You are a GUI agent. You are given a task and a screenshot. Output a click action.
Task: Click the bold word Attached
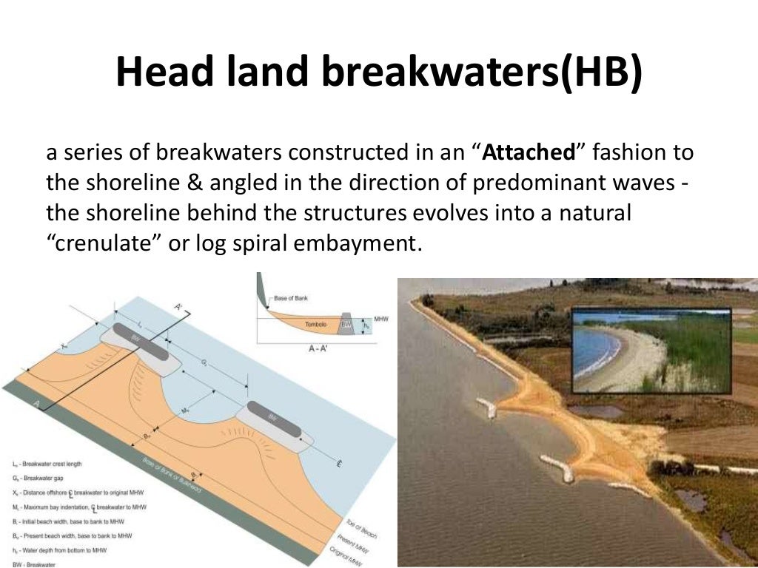click(529, 153)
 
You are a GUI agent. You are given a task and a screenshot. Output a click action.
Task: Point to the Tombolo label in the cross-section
click(315, 324)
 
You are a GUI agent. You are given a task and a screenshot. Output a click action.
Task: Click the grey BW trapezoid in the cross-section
click(346, 325)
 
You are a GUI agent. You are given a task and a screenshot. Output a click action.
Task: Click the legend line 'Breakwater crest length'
click(52, 464)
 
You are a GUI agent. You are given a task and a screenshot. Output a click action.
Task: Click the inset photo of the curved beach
click(651, 350)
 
